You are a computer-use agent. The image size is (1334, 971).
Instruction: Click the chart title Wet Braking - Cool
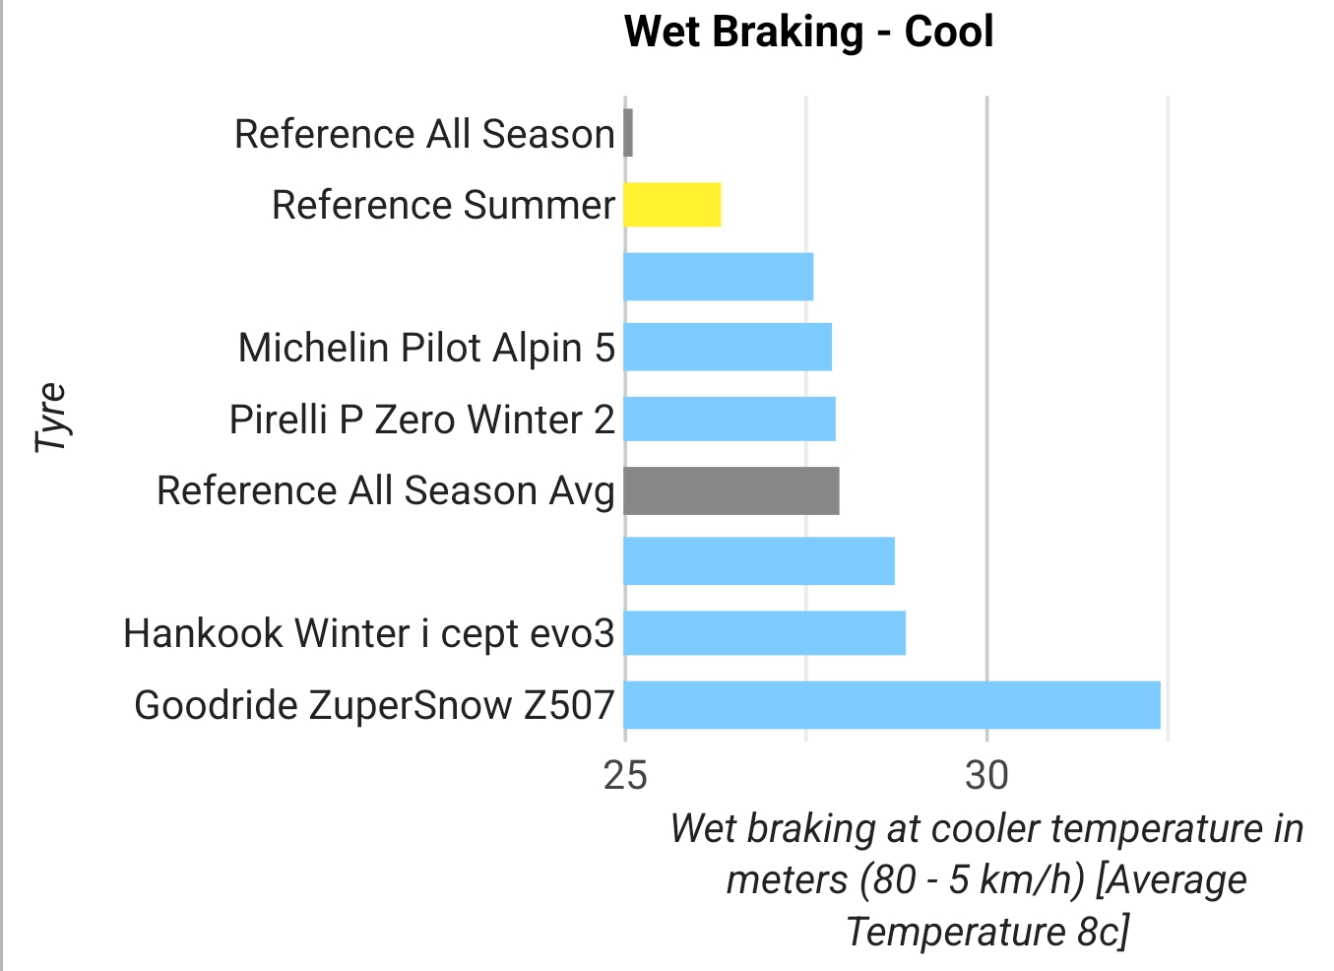point(808,32)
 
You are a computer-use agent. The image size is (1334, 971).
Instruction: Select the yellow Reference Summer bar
point(672,205)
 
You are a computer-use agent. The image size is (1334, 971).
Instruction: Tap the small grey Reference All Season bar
point(628,133)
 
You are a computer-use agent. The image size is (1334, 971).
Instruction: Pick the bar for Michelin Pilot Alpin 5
point(728,347)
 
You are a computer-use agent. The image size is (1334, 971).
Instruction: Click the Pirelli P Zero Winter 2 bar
point(730,419)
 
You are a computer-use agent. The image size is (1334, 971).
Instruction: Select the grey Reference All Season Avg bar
point(731,490)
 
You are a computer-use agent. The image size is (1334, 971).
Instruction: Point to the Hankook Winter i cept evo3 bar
point(765,632)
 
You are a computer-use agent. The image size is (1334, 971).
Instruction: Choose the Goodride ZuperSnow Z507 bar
point(892,704)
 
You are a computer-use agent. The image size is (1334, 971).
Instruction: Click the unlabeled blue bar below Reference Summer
point(719,277)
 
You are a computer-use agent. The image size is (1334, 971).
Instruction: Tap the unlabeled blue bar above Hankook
point(759,561)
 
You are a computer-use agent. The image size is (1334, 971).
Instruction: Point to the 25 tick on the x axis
point(625,776)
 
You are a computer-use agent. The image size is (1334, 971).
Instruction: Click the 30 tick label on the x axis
point(986,776)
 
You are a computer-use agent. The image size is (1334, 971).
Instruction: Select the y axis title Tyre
point(51,418)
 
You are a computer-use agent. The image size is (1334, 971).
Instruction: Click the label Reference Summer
point(443,205)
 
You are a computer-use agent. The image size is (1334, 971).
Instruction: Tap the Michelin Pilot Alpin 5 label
point(426,348)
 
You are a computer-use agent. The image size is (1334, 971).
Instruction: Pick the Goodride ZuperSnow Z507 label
point(374,705)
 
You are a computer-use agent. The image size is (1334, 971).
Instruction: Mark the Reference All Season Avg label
point(386,490)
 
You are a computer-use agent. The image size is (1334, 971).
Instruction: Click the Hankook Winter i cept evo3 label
point(368,633)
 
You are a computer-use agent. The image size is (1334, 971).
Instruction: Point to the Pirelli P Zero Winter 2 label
point(421,420)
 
